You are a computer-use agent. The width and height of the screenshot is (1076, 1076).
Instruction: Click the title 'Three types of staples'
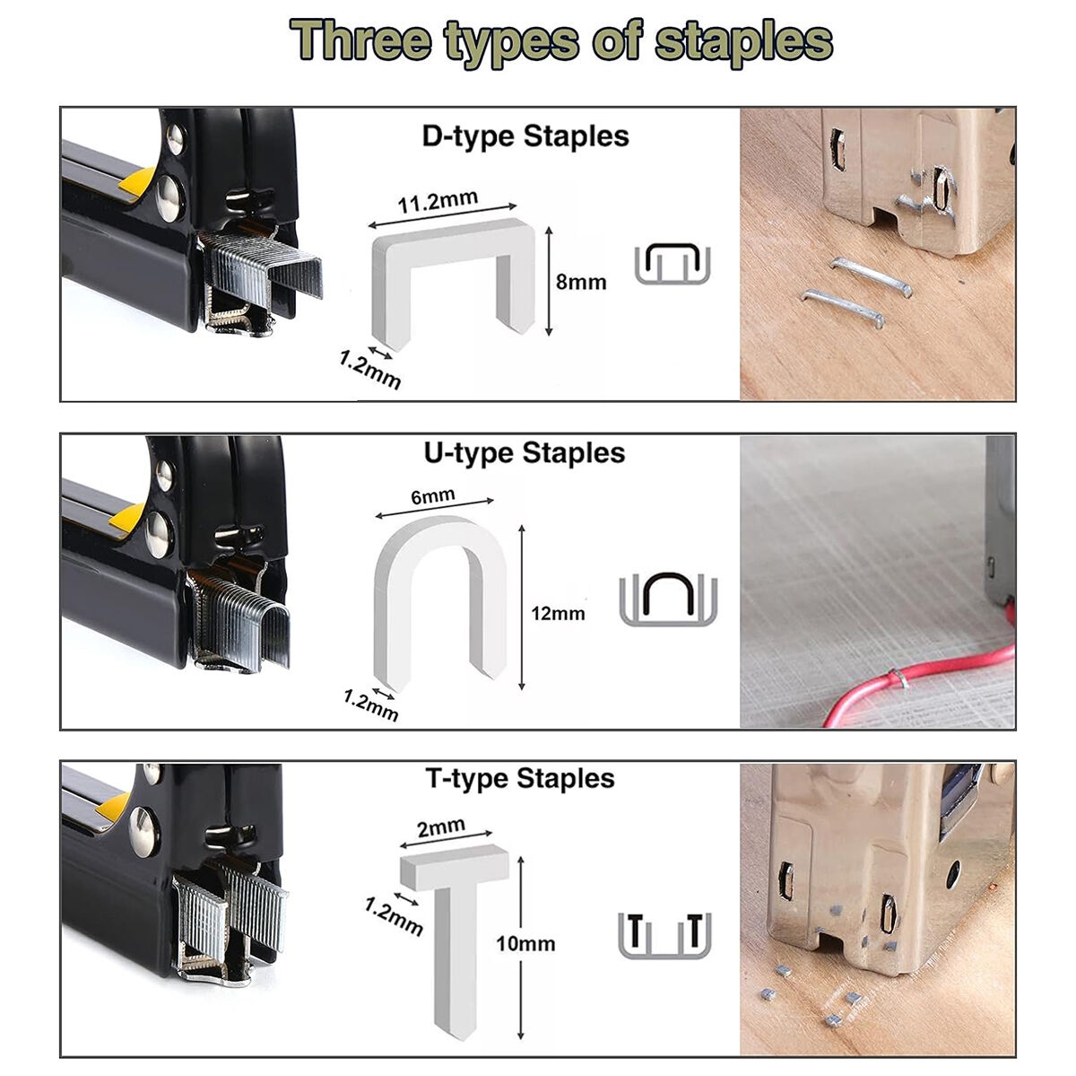560,42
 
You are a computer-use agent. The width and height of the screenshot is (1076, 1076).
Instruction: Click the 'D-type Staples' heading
525,136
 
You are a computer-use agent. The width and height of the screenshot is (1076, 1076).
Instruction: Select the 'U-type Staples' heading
525,453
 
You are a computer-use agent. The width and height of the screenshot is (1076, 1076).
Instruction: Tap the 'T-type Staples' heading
520,778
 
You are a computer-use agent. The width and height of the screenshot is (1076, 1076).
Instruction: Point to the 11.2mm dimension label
438,201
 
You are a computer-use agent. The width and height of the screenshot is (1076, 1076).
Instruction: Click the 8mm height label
581,282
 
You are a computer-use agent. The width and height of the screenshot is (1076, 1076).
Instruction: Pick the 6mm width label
433,495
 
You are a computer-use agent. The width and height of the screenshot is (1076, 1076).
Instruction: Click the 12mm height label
558,613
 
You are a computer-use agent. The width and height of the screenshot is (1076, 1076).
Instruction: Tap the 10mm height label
525,944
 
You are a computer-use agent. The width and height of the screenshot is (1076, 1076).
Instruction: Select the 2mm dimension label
441,827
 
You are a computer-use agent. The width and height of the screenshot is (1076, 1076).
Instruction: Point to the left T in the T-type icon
635,929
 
